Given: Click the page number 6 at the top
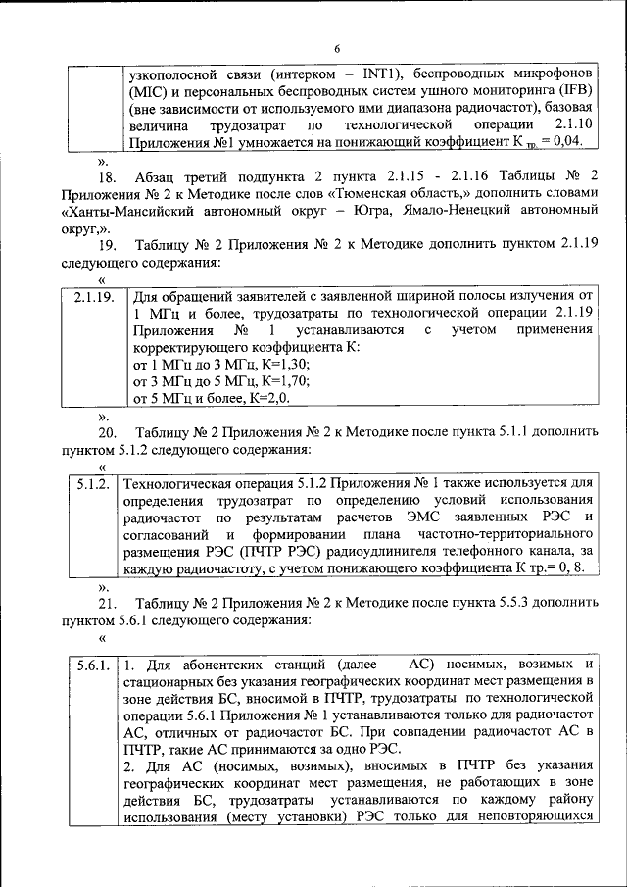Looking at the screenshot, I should point(337,48).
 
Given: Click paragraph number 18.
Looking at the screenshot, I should point(107,177).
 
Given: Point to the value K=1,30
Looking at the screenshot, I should point(253,364).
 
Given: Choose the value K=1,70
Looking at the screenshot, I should point(253,381).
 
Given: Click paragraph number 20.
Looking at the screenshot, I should point(107,432).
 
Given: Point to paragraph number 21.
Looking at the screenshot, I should point(107,603).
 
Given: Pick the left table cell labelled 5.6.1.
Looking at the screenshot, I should point(93,665).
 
